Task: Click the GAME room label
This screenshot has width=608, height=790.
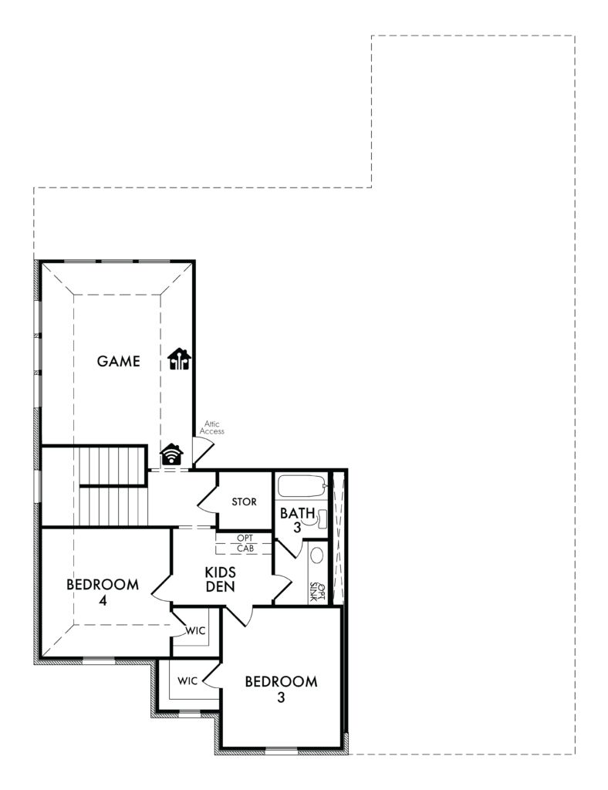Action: [118, 360]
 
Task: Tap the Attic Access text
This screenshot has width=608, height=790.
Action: [211, 427]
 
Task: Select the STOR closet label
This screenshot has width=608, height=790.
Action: [245, 501]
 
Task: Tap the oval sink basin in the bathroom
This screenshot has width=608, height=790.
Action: [316, 556]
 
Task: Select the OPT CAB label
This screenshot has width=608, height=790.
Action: [245, 543]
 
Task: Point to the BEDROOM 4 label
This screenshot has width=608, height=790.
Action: [103, 592]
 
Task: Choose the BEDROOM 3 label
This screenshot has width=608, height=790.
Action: [281, 689]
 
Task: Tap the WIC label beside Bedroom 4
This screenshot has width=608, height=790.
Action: [195, 631]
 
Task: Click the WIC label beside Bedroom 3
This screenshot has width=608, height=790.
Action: [188, 681]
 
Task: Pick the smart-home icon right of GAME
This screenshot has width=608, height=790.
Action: [180, 360]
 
